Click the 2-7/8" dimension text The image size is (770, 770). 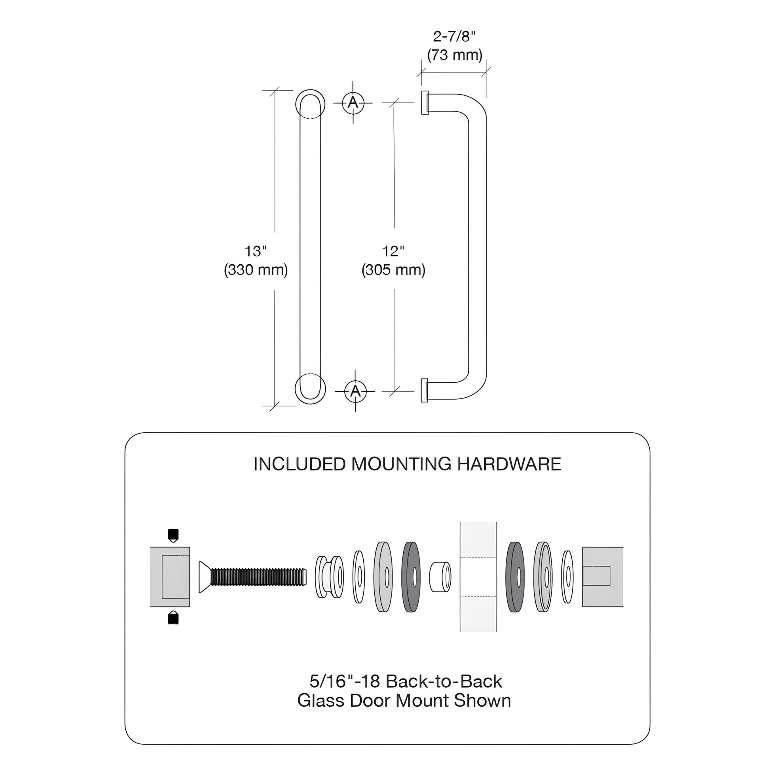[454, 37]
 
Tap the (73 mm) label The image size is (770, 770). [454, 55]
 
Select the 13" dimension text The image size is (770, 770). [256, 252]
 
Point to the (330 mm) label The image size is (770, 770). [256, 270]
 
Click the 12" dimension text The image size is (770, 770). [393, 252]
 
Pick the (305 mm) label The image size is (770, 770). [393, 270]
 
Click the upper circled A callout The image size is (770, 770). [353, 103]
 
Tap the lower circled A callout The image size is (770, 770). [355, 391]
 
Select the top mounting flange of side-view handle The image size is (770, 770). [425, 103]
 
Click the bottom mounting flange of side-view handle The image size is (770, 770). [425, 390]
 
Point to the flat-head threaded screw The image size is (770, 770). [253, 576]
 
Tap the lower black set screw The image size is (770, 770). [173, 618]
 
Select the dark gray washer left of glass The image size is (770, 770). [411, 576]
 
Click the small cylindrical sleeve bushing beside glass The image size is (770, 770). [440, 576]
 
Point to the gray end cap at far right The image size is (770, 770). [602, 576]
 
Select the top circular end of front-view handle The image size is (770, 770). [310, 104]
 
